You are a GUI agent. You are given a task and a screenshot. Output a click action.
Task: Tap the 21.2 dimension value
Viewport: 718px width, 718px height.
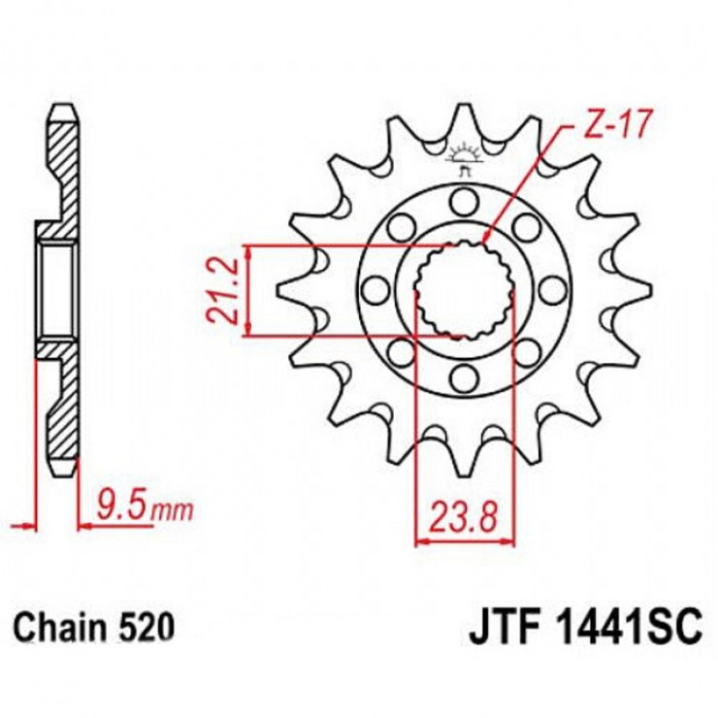click(222, 291)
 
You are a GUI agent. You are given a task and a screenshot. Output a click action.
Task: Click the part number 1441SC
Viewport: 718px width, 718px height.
click(627, 629)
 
